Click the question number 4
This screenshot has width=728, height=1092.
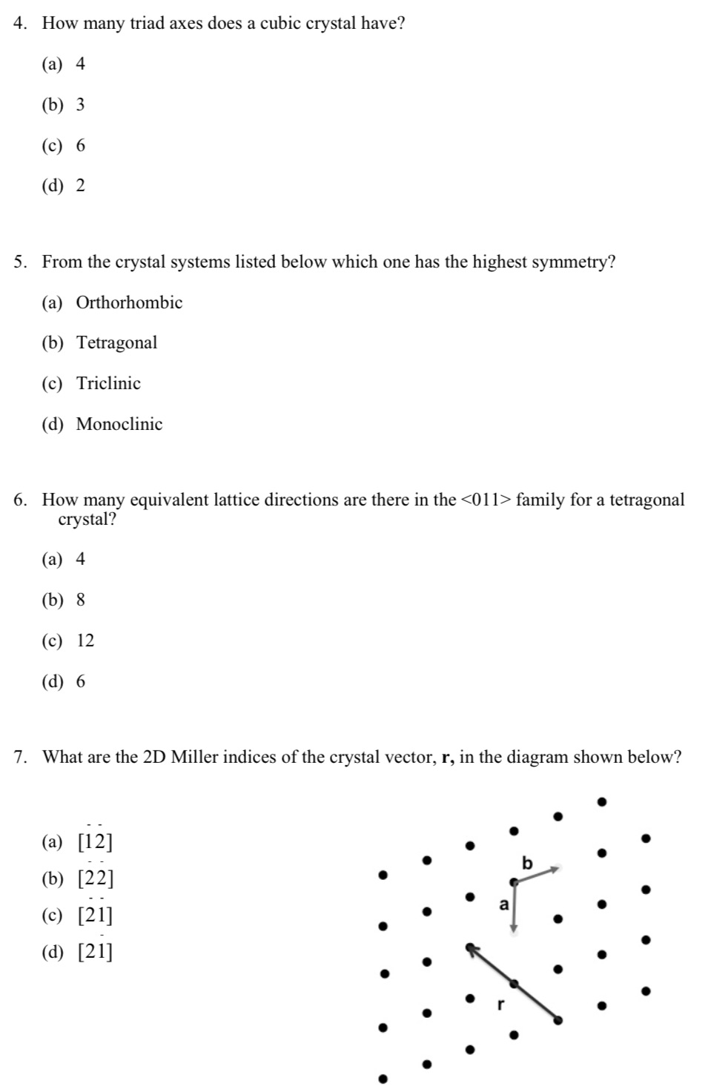tap(19, 24)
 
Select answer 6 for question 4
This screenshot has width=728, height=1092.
tap(81, 146)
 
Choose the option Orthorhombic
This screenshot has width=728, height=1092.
tap(129, 302)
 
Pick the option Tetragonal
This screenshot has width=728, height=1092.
tap(117, 343)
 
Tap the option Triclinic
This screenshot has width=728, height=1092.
tap(108, 384)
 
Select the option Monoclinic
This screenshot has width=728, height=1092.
tap(119, 425)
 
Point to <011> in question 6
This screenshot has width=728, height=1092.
tap(486, 500)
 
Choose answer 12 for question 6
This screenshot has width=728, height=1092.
tap(86, 641)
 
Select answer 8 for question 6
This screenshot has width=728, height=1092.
tap(81, 600)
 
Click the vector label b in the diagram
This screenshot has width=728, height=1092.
tap(527, 863)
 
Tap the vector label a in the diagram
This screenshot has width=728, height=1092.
tap(504, 904)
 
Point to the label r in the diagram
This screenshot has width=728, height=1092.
tap(500, 1005)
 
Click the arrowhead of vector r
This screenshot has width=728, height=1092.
tap(470, 947)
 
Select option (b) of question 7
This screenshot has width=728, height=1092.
tap(96, 879)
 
